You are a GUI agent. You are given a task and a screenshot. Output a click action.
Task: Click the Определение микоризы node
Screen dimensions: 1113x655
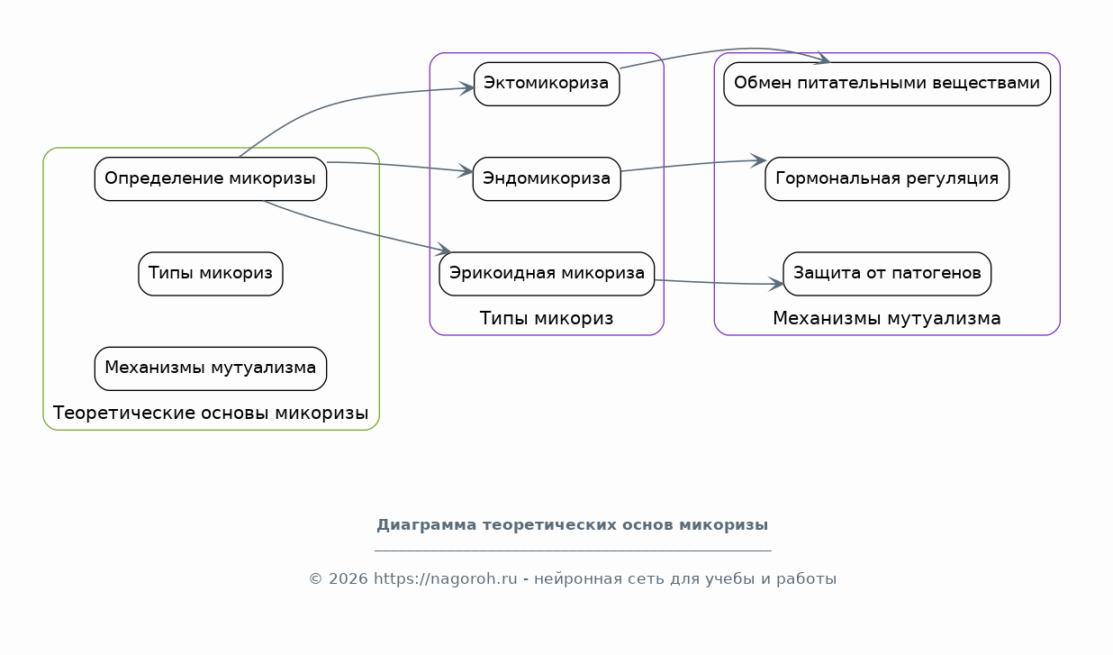point(211,179)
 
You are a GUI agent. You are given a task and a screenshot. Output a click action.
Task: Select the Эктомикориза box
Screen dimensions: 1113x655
point(547,84)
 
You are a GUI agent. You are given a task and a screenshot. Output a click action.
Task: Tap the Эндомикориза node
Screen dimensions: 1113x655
point(547,179)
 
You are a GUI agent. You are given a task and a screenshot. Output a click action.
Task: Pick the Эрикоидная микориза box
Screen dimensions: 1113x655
point(547,274)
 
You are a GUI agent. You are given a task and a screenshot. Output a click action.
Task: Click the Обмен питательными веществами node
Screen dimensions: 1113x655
point(887,84)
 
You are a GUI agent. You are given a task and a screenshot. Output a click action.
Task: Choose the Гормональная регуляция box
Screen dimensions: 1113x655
point(887,179)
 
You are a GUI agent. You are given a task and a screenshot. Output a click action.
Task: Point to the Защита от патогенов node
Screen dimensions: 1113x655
point(887,274)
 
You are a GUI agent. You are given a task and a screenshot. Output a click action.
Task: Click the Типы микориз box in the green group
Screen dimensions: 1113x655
point(211,274)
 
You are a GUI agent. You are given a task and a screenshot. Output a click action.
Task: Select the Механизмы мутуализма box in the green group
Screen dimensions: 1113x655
point(211,368)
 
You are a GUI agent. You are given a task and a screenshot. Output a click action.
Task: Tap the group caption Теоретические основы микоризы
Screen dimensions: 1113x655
point(211,413)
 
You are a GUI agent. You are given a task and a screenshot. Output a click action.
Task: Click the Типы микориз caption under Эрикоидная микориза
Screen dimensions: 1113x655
point(547,318)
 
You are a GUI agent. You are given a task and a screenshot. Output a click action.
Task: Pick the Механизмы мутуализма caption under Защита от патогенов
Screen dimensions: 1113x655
point(887,318)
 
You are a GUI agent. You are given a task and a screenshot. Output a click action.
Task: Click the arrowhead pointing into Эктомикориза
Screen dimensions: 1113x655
point(467,88)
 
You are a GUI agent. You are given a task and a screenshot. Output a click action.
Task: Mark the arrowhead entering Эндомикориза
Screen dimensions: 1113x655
point(466,171)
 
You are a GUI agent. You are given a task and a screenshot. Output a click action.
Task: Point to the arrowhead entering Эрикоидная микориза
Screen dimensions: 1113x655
point(444,250)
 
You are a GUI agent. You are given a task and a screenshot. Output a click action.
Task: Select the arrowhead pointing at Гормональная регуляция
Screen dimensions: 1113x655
point(758,160)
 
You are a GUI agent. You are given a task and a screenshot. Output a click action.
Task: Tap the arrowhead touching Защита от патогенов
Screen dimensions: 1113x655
point(776,285)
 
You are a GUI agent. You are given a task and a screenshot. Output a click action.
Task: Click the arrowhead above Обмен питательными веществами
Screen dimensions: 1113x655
point(824,59)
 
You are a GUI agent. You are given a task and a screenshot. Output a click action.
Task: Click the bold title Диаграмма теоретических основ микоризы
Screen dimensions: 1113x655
point(573,524)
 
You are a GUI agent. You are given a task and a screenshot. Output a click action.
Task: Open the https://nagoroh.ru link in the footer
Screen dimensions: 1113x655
point(445,579)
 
